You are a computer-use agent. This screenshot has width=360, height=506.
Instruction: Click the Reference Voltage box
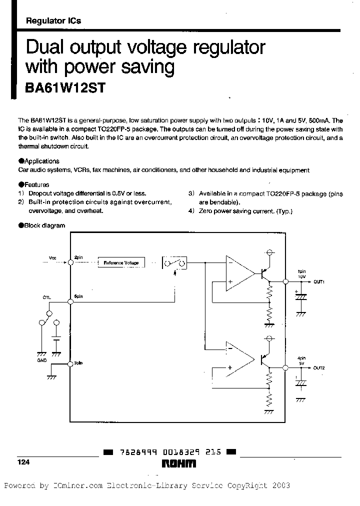coord(120,262)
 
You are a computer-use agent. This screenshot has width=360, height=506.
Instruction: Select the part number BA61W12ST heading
coord(65,87)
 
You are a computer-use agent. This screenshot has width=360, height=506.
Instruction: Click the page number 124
coord(24,463)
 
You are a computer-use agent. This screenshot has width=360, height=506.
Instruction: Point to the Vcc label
coord(53,257)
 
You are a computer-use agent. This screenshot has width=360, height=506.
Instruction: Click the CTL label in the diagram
coord(46,297)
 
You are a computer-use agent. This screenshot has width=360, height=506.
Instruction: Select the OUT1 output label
coord(319,282)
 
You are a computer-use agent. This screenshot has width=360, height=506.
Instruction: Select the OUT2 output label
coord(319,368)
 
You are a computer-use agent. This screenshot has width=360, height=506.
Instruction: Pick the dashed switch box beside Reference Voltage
coord(175,263)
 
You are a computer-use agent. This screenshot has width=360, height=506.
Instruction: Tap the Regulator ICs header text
coord(53,21)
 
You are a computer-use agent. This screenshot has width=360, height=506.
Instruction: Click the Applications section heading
coord(41,161)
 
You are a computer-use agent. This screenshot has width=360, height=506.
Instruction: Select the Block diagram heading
coord(44,225)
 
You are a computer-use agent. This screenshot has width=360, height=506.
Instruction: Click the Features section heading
coord(36,184)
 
